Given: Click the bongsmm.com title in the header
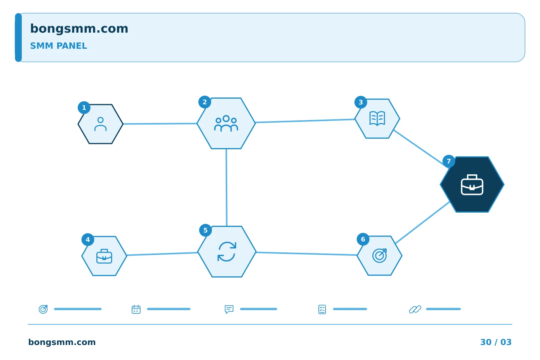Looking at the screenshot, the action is tap(79, 29).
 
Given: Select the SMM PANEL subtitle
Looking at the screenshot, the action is tap(58, 46).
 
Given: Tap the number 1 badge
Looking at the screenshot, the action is tap(84, 108).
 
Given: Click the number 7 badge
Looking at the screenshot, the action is tap(448, 161).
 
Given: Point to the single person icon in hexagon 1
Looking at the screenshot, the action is tap(100, 124).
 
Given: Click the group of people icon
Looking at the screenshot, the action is tap(226, 123).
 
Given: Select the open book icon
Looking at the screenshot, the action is tap(377, 118).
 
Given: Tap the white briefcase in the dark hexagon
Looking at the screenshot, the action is tap(472, 184).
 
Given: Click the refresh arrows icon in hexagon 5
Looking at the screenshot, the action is tap(226, 252).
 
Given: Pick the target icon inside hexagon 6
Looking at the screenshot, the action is tap(379, 255).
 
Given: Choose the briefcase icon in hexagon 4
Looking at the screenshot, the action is tap(104, 256).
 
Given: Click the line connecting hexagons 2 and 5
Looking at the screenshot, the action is tap(226, 187).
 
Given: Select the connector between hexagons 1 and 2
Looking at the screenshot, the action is tap(160, 124).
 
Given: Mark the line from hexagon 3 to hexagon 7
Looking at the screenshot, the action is tap(420, 148).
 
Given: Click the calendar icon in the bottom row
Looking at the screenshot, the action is tap(136, 309).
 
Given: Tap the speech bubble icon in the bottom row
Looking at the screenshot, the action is tap(229, 309).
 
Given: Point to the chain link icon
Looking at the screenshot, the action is tap(415, 309).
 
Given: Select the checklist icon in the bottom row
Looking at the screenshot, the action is tap(322, 309).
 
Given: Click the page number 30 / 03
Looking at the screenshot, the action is tap(496, 342).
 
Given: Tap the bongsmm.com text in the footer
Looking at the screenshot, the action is tap(62, 342).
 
